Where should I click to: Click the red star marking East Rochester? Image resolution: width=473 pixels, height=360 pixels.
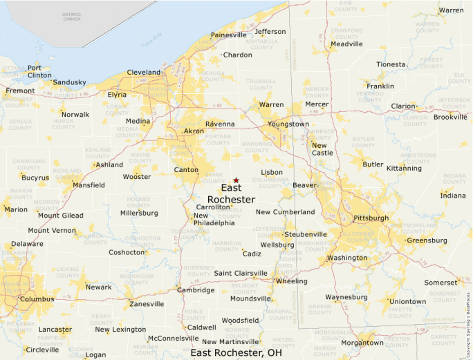(x=236, y=180)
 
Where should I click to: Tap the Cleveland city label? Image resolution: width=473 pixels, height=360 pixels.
(x=143, y=72)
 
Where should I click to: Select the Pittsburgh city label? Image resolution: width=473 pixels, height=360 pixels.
(x=371, y=218)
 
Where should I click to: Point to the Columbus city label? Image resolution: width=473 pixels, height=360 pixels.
(x=37, y=299)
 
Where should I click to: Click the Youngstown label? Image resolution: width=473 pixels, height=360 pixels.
(x=288, y=124)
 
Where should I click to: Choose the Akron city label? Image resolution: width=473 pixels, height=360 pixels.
(x=194, y=131)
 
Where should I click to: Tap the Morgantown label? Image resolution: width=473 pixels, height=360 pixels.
(x=362, y=343)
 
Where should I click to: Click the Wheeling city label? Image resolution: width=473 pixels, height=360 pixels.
(x=291, y=281)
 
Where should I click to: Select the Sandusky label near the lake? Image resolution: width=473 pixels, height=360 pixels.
(x=70, y=82)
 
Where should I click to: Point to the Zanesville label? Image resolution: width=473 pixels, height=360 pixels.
(x=147, y=303)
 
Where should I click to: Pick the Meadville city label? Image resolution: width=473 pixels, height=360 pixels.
(x=346, y=44)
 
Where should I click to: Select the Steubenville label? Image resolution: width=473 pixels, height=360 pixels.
(x=306, y=234)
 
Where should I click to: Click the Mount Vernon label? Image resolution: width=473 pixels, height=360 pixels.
(x=52, y=230)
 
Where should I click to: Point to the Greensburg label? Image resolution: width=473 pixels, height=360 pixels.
(x=427, y=240)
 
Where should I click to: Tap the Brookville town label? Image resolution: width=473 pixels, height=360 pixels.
(x=450, y=117)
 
